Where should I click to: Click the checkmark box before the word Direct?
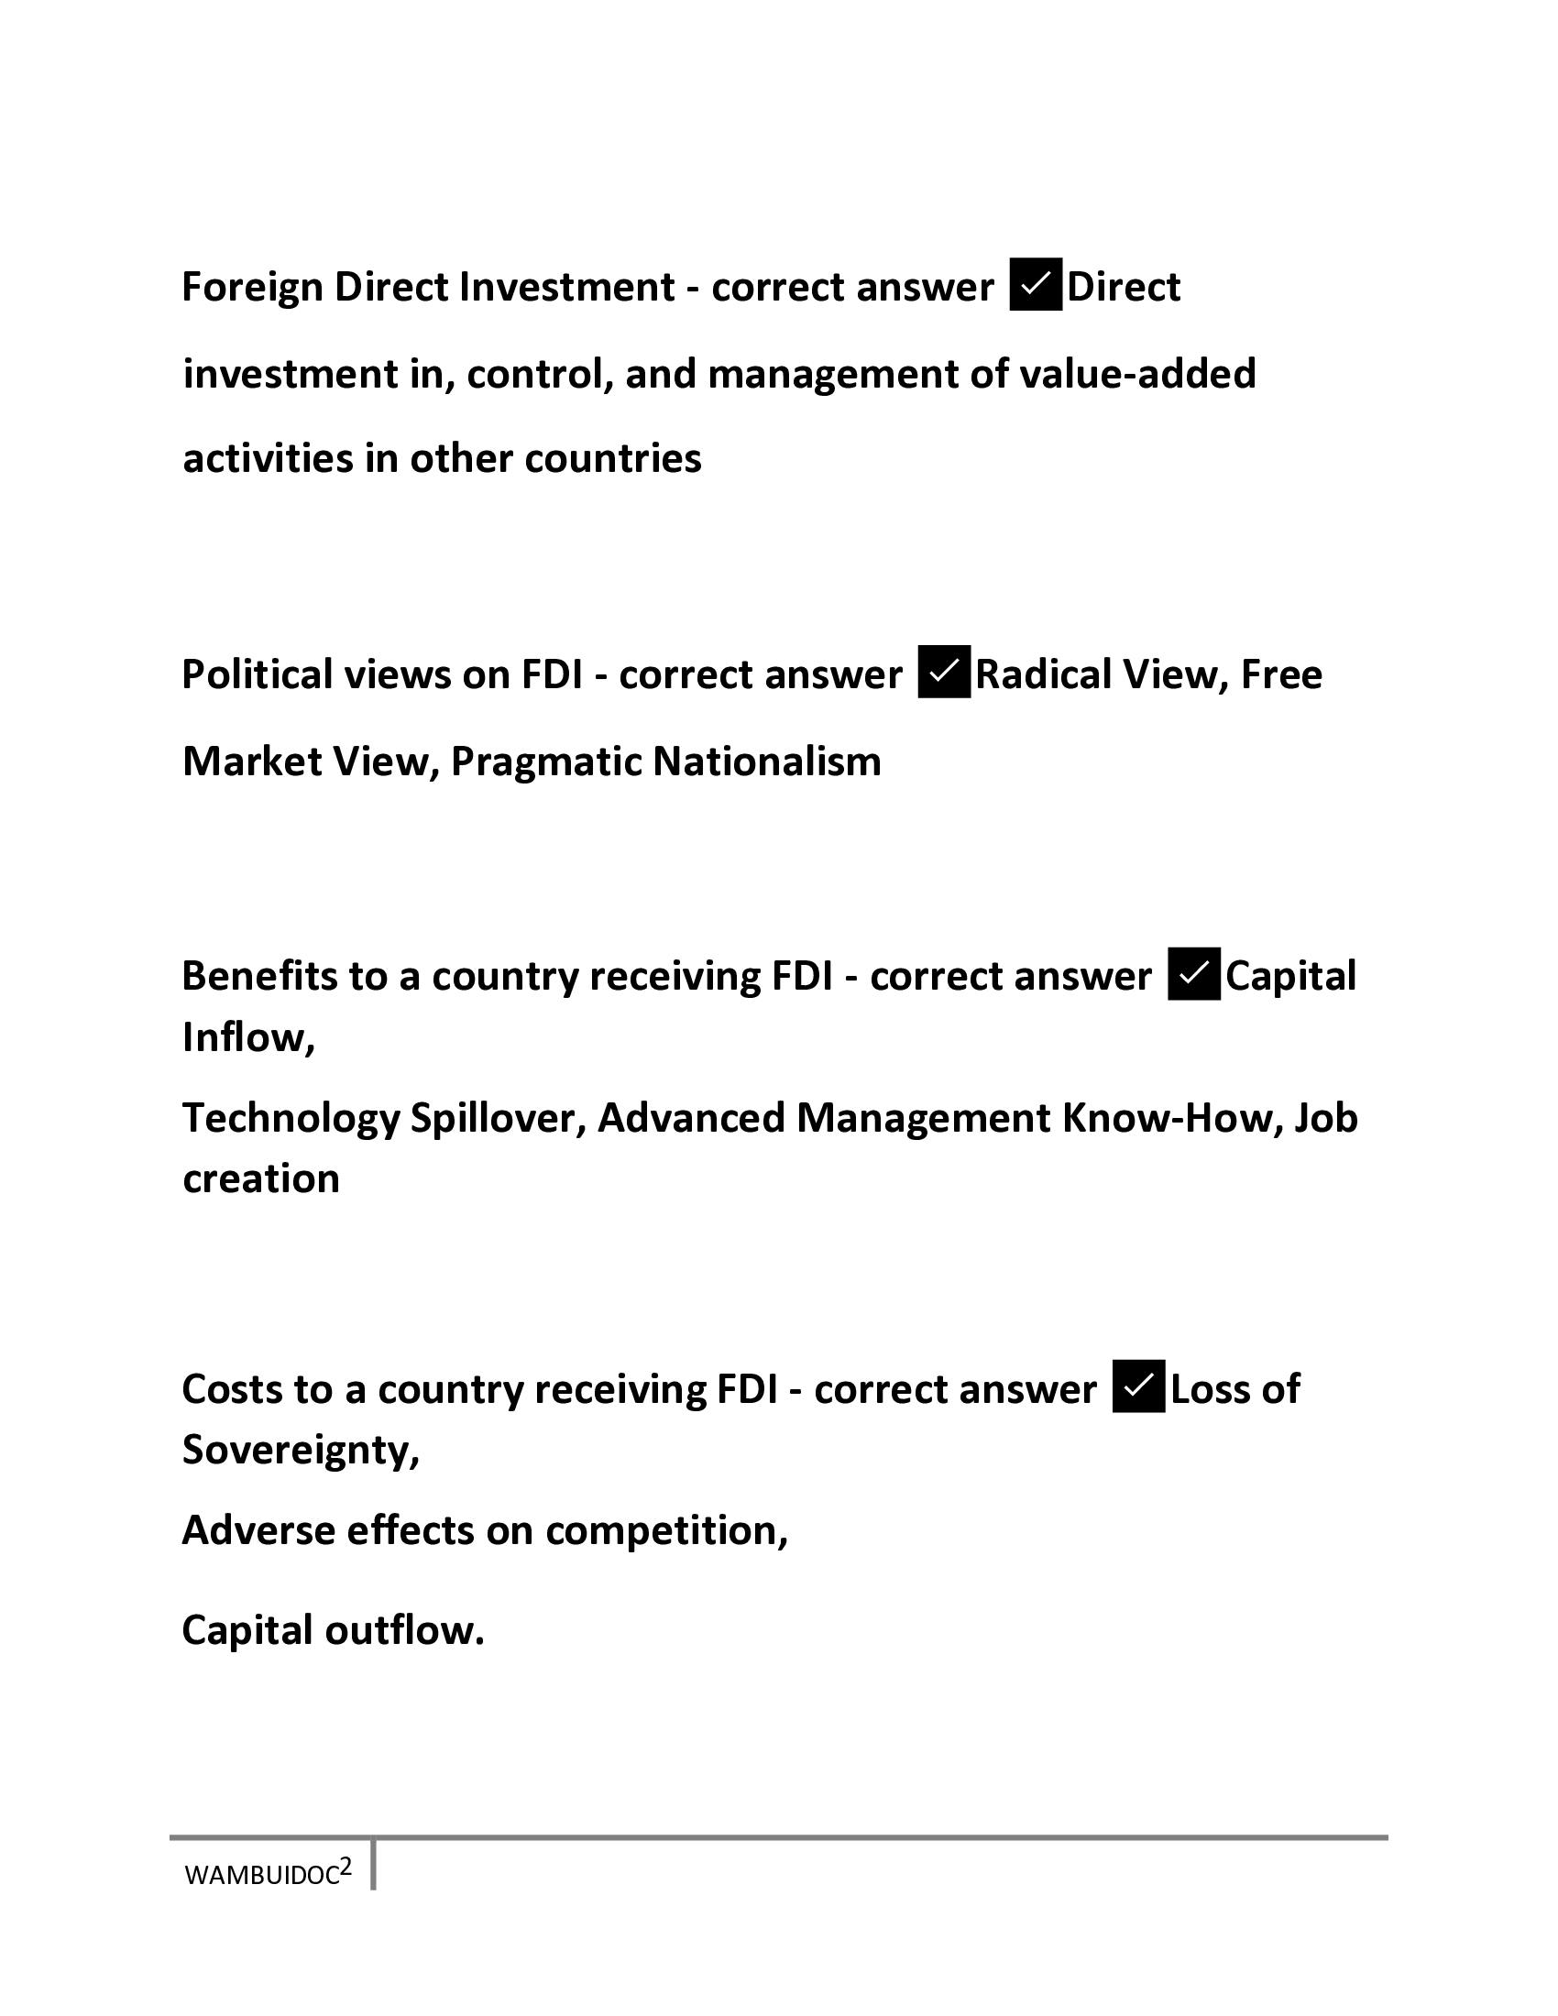click(x=1036, y=285)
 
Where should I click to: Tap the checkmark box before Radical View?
click(x=944, y=673)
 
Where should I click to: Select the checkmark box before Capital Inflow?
click(x=1194, y=975)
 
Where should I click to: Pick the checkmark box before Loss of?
click(x=1139, y=1387)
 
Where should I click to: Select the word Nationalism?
click(x=767, y=761)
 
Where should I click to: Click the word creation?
click(x=261, y=1178)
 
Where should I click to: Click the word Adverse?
click(x=258, y=1530)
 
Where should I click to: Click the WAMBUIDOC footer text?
click(x=261, y=1877)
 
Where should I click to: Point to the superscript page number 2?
click(x=346, y=1868)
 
